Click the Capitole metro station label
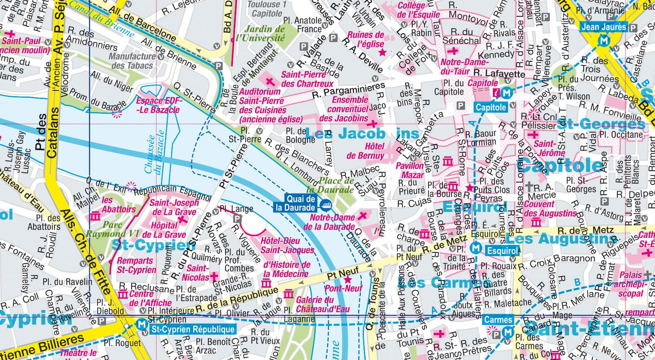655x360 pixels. (491, 107)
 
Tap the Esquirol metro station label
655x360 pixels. (503, 251)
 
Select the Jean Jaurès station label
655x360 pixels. (604, 27)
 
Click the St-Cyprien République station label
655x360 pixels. (192, 329)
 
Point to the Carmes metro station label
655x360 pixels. (498, 320)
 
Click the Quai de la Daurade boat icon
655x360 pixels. (325, 204)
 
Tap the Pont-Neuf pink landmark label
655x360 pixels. (343, 288)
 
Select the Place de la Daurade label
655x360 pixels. (330, 185)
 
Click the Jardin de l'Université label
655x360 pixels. (260, 34)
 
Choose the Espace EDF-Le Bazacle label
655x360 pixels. (159, 105)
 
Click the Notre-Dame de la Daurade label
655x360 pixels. (329, 222)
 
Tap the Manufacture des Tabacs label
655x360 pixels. (131, 61)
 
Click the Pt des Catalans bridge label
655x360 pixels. (46, 133)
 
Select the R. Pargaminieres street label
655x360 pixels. (348, 90)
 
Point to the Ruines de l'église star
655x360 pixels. (383, 53)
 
